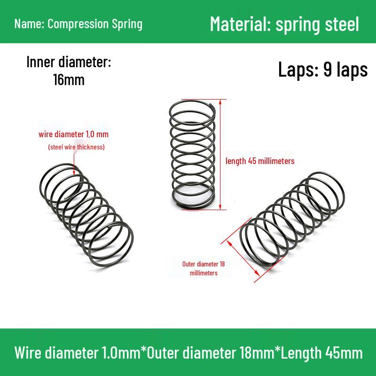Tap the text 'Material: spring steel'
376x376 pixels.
284,23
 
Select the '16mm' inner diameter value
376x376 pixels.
69,80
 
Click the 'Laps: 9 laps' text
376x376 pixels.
322,70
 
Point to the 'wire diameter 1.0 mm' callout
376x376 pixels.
73,134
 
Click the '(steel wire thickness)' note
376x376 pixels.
76,147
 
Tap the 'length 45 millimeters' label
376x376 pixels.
260,161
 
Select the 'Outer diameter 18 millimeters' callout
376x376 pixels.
204,268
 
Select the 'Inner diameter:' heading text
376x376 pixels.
69,63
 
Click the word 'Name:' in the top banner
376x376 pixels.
29,24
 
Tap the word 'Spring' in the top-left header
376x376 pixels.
126,24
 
